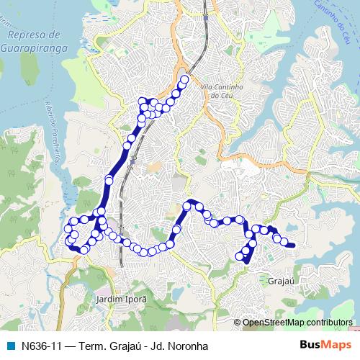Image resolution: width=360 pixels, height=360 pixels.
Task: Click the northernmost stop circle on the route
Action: click(184, 80)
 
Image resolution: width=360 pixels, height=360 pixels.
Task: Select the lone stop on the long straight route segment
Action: click(109, 179)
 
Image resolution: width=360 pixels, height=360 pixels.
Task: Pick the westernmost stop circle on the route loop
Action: click(68, 229)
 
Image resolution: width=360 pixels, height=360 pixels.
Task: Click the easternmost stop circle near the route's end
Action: click(284, 242)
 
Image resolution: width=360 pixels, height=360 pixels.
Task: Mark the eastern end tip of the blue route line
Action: click(294, 246)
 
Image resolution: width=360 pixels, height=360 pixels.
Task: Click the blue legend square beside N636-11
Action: click(10, 345)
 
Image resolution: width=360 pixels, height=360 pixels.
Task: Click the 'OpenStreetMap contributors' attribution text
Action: click(297, 322)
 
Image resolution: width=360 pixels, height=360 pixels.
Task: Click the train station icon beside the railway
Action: click(132, 162)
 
